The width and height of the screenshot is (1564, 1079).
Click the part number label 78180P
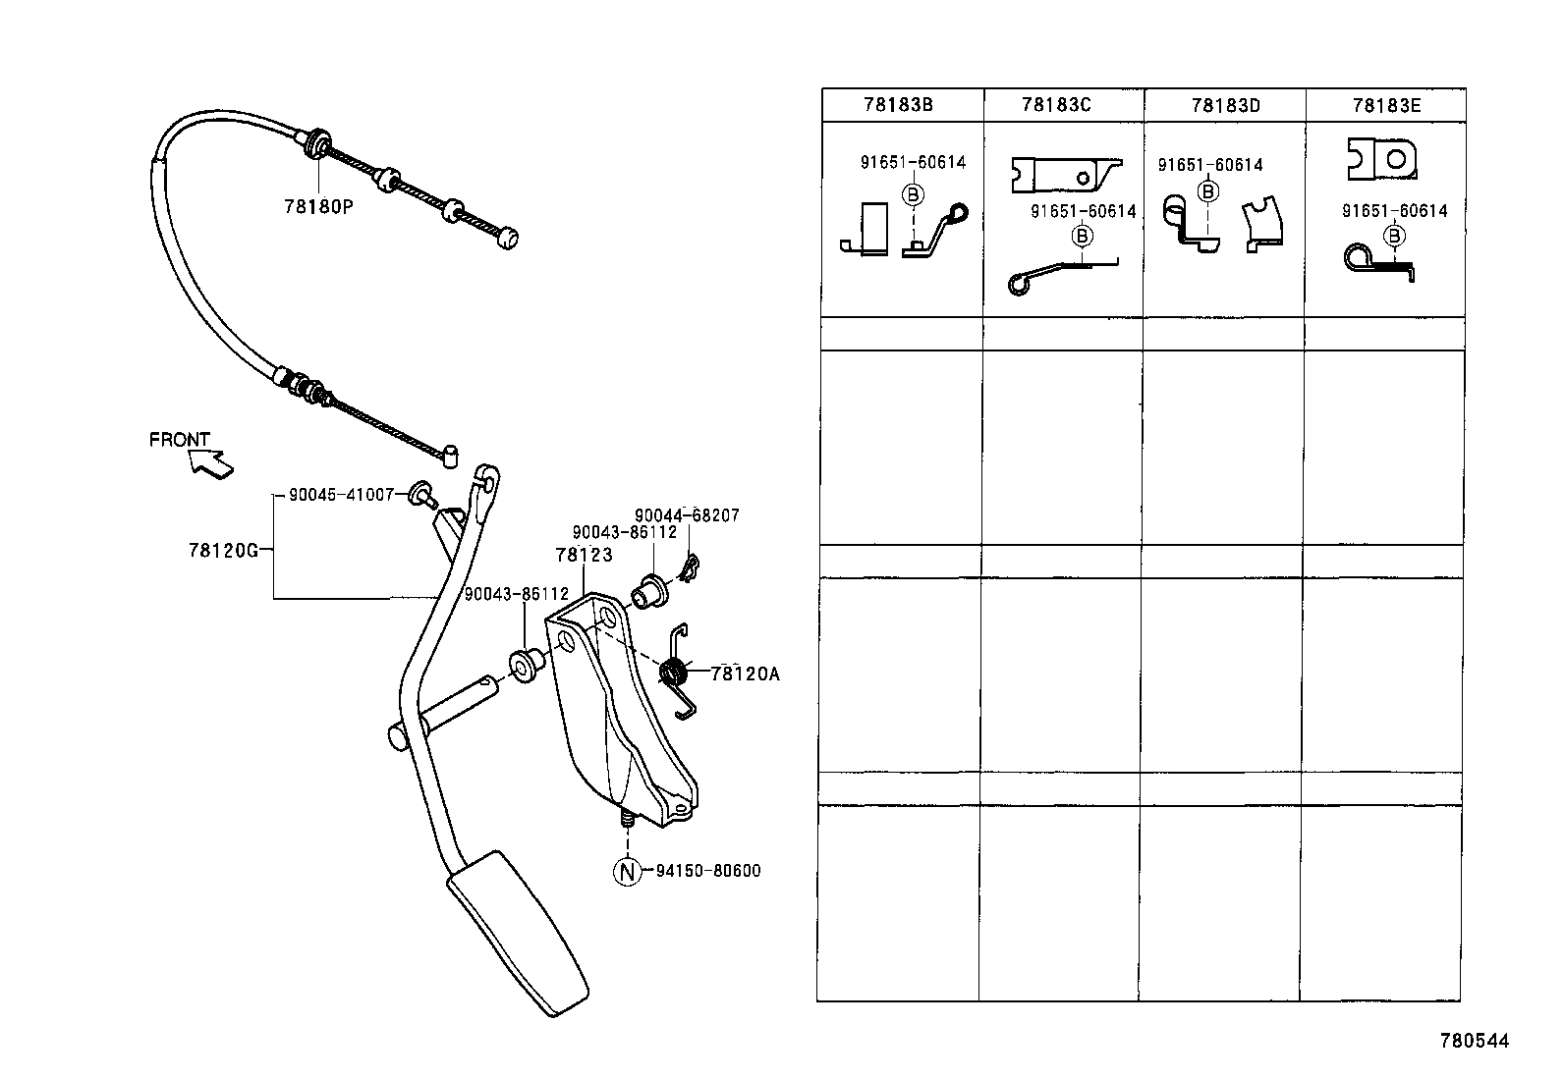(x=317, y=207)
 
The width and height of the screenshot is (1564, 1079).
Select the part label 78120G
(x=223, y=551)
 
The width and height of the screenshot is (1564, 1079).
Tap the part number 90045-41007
(x=341, y=496)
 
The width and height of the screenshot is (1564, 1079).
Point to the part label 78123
(x=583, y=556)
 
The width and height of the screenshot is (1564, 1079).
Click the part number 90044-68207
(x=687, y=515)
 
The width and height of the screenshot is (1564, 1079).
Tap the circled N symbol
(x=627, y=871)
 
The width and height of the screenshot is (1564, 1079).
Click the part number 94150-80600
(x=707, y=871)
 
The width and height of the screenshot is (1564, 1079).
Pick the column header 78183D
(x=1225, y=105)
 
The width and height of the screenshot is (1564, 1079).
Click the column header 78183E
(x=1386, y=105)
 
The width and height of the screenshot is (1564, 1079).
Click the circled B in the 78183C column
(x=1083, y=236)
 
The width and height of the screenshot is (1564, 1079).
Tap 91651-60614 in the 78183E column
(x=1394, y=211)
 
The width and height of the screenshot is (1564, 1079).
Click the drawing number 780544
(x=1474, y=1041)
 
